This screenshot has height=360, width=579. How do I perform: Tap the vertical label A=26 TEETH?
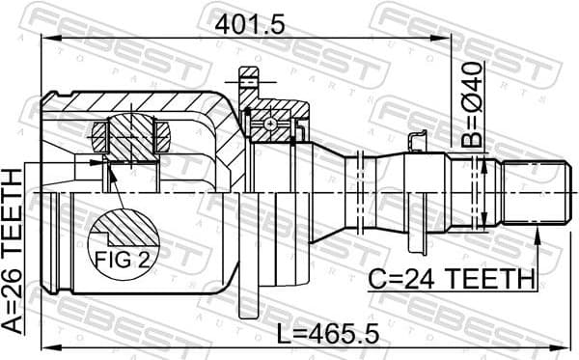pos(13,251)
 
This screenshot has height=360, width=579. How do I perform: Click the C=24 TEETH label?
pos(452,279)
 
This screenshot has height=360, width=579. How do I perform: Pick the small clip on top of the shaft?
pos(416,141)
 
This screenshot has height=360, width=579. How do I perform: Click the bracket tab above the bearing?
pos(249,74)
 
